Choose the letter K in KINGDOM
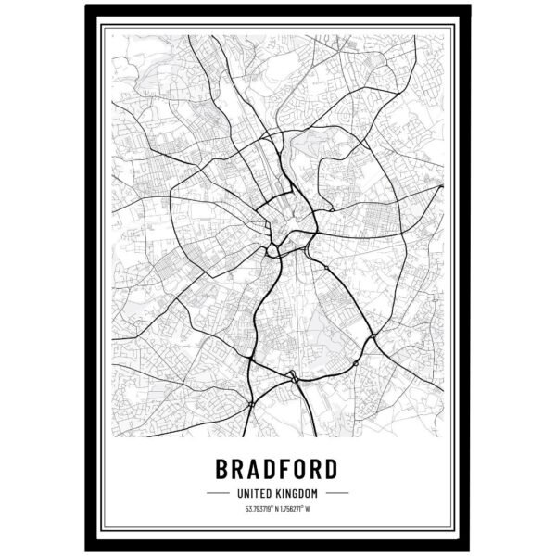pyautogui.click(x=283, y=492)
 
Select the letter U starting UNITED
pyautogui.click(x=241, y=492)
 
